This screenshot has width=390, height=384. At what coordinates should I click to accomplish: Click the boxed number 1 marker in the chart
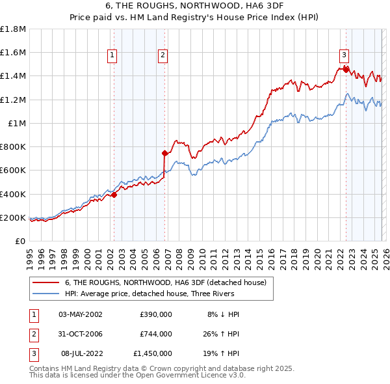tap(113, 56)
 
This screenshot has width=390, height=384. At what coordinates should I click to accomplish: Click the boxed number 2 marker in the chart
tap(162, 56)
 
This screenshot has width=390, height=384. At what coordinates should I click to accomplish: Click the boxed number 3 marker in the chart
tap(344, 56)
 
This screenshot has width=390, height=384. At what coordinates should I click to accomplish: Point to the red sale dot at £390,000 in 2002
tap(114, 195)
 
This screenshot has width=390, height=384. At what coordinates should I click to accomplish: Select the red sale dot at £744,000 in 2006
tap(165, 154)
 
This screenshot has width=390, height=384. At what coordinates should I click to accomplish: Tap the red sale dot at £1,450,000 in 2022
tap(346, 68)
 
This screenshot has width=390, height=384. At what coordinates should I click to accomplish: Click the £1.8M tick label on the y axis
tap(13, 29)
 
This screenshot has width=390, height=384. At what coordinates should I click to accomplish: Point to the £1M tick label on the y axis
tap(17, 123)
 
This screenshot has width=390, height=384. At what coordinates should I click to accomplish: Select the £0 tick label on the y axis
tap(21, 241)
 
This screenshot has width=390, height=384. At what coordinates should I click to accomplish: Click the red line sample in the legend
tap(46, 282)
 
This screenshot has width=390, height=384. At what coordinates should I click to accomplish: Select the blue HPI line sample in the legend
tap(46, 294)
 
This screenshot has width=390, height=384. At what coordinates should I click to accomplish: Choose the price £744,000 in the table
tap(155, 334)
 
